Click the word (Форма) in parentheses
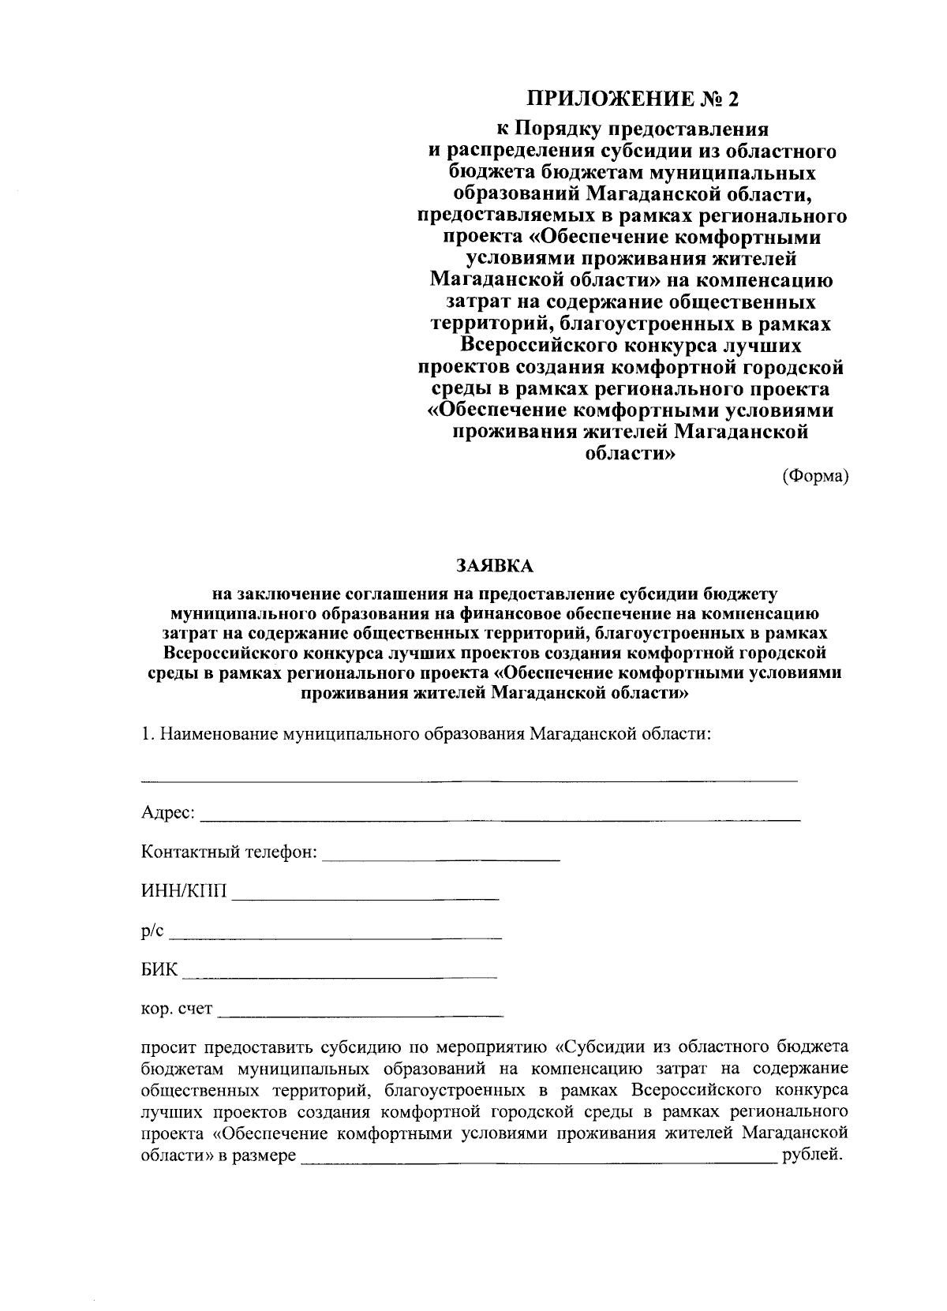tap(815, 475)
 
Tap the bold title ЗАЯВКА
tap(494, 565)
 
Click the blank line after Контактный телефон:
tap(441, 858)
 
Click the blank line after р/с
tap(336, 937)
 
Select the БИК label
tap(159, 970)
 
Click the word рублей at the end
tap(811, 1156)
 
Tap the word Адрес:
tap(168, 813)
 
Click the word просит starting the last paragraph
tap(169, 1047)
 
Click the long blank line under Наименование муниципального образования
tap(469, 781)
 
